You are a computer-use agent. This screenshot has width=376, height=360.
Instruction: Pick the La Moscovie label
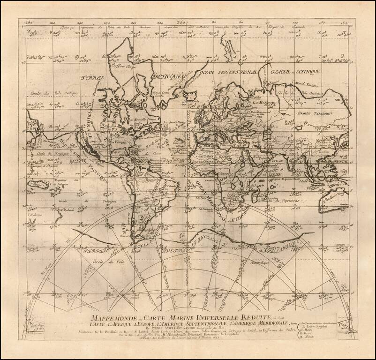[x=263, y=101]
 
